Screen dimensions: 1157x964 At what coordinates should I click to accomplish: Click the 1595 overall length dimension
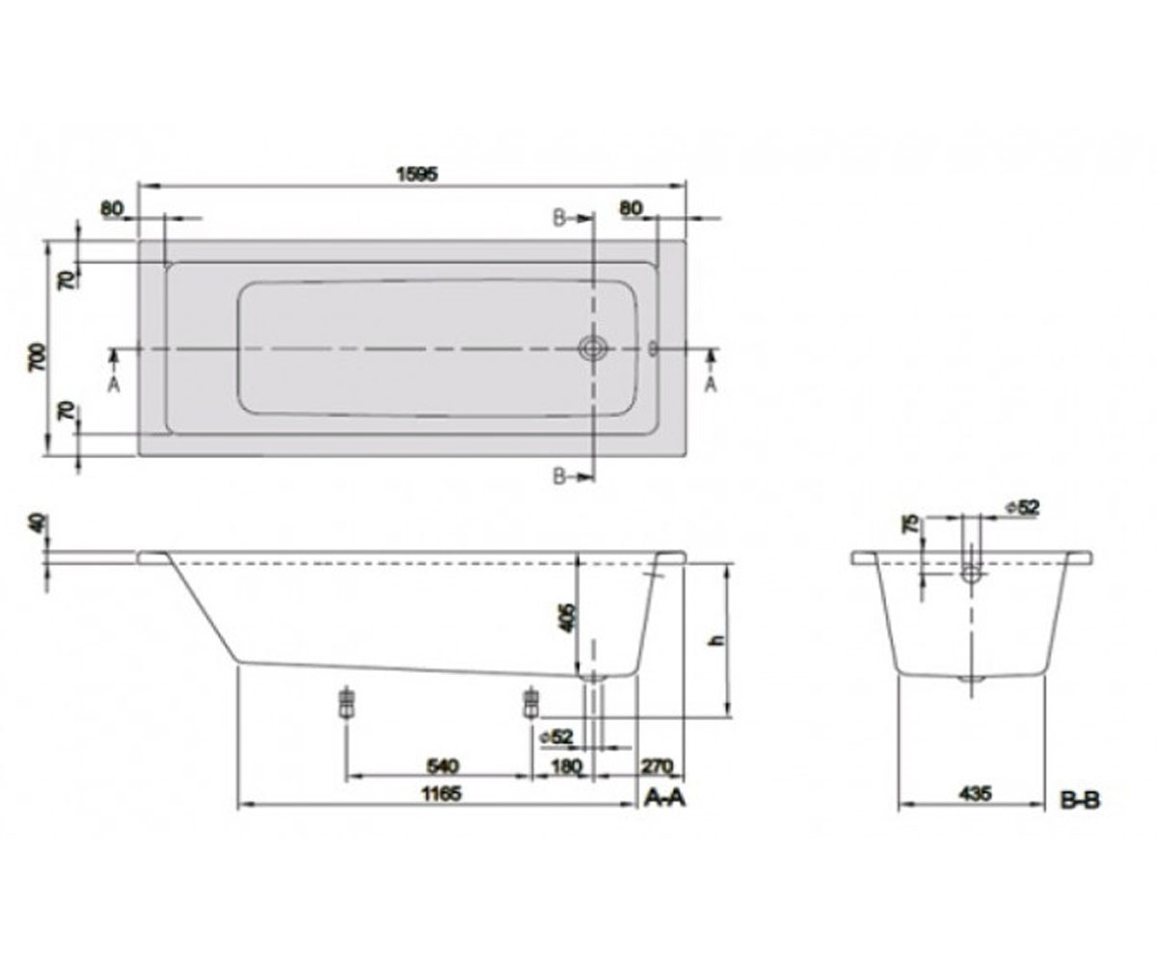417,174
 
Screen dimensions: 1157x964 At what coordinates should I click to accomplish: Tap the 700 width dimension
37,358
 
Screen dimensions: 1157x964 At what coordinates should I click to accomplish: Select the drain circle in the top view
593,348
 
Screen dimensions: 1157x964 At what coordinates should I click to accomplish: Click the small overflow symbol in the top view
654,348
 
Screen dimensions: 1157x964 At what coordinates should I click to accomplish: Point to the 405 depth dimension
569,617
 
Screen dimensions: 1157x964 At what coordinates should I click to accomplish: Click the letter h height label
717,640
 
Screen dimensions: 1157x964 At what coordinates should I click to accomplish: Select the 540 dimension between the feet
443,765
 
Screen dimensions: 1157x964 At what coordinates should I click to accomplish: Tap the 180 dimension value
567,766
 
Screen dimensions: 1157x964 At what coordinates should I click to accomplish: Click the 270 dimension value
658,766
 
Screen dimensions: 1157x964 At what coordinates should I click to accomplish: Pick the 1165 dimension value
441,794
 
